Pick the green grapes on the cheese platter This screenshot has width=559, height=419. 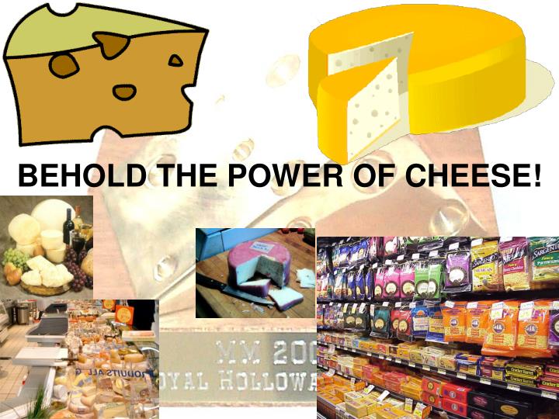coord(15,257)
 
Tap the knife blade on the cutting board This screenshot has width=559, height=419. coord(233,291)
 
